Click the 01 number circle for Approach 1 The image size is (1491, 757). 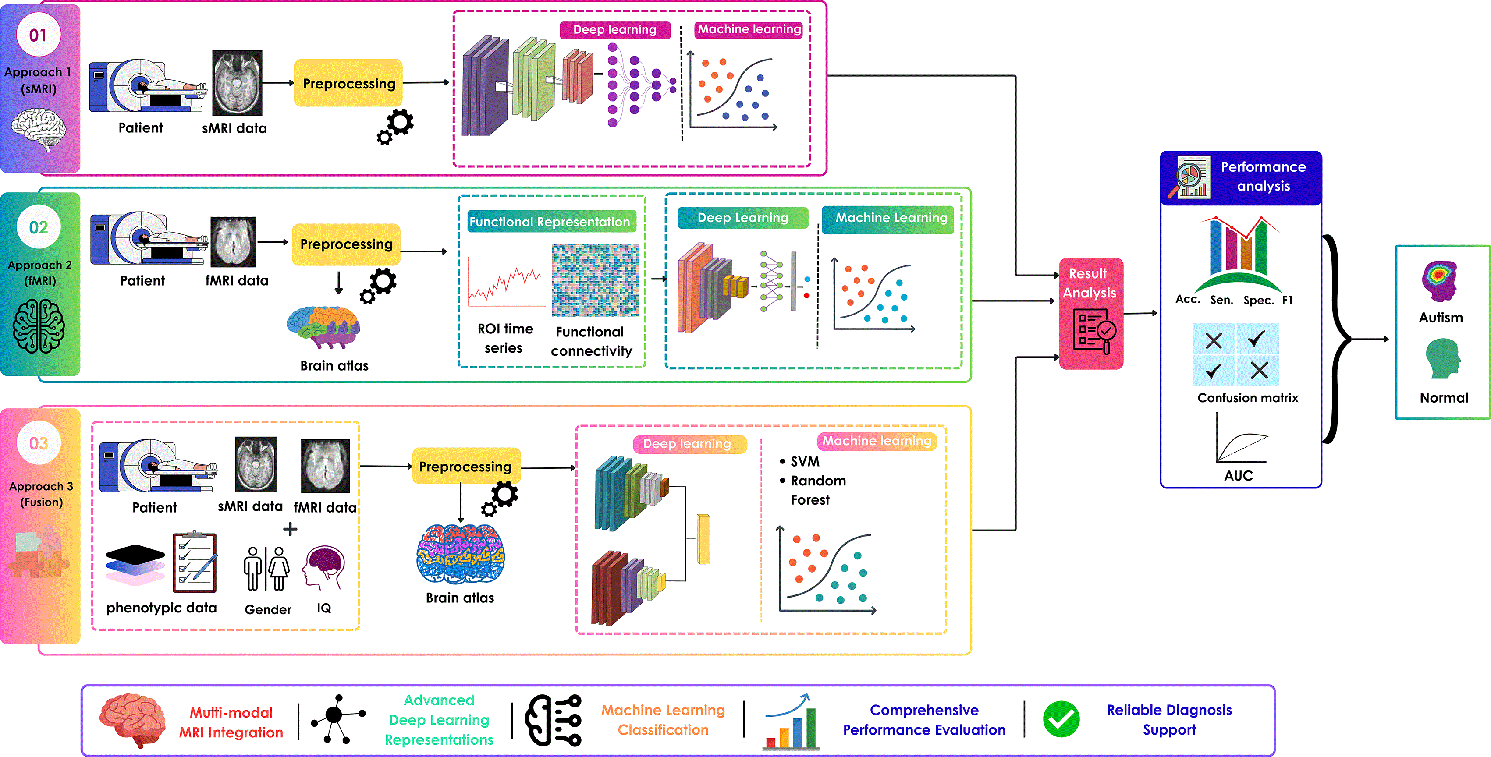tap(38, 35)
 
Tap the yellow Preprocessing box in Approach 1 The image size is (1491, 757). tap(348, 83)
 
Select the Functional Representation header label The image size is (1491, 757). tap(550, 222)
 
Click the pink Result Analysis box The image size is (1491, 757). tap(1091, 313)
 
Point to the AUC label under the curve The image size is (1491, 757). tap(1238, 476)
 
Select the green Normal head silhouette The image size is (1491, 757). tap(1442, 359)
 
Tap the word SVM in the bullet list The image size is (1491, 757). tap(805, 461)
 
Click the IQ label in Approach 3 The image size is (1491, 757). tap(324, 608)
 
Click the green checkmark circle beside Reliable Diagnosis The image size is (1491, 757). tap(1061, 719)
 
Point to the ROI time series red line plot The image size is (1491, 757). tap(506, 281)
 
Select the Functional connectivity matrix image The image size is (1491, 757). tap(595, 280)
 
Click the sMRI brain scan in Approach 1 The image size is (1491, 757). tap(237, 83)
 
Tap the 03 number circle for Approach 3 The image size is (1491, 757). tap(39, 443)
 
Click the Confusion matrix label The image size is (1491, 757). tap(1247, 398)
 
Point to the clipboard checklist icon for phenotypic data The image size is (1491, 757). tap(195, 562)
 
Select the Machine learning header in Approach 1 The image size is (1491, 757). tap(749, 29)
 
